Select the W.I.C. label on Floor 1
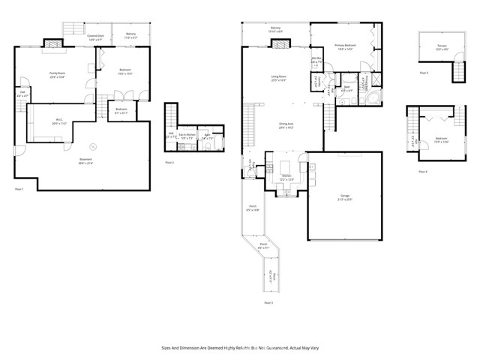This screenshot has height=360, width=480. (61, 122)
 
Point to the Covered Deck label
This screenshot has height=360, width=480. (95, 37)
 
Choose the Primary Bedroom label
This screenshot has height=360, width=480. (344, 47)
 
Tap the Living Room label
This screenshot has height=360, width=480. (280, 78)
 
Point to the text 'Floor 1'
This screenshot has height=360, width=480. (19, 189)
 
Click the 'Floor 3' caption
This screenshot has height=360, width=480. (268, 302)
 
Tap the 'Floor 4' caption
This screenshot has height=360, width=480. (424, 172)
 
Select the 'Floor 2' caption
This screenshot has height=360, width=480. (169, 162)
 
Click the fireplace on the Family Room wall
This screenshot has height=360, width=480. (54, 45)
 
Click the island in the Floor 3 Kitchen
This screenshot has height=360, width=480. (286, 165)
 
